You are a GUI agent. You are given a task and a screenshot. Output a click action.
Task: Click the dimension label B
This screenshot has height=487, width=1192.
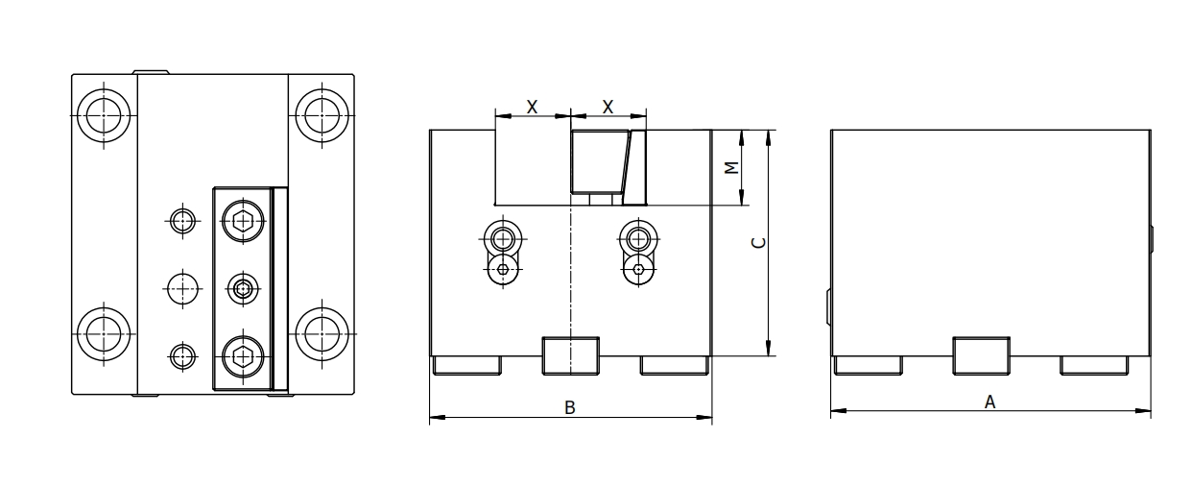tap(569, 408)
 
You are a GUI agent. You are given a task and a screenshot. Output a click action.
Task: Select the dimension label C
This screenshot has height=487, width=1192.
tap(757, 243)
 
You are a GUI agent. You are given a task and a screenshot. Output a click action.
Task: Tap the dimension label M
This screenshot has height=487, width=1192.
tap(730, 167)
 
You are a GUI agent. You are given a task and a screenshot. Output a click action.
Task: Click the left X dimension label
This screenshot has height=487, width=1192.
tap(532, 107)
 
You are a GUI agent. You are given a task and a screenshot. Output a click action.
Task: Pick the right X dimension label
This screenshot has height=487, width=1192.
tap(608, 107)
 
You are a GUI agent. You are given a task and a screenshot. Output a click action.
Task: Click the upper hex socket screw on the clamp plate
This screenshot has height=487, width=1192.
tap(241, 221)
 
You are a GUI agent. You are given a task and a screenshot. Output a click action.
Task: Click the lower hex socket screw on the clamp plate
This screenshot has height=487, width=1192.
tap(241, 357)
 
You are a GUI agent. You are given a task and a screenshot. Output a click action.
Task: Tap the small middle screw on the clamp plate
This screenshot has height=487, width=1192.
tap(241, 288)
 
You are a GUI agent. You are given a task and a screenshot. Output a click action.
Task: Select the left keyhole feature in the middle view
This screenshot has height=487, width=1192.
tap(502, 253)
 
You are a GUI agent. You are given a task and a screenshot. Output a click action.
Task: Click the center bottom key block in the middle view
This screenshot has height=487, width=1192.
tap(570, 354)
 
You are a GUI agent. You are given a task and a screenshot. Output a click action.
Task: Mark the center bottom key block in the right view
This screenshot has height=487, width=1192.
tap(980, 354)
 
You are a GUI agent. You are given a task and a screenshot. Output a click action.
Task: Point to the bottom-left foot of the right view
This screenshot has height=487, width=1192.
tap(868, 364)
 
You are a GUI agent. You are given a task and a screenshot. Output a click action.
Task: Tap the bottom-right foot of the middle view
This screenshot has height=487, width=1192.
tap(674, 364)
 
